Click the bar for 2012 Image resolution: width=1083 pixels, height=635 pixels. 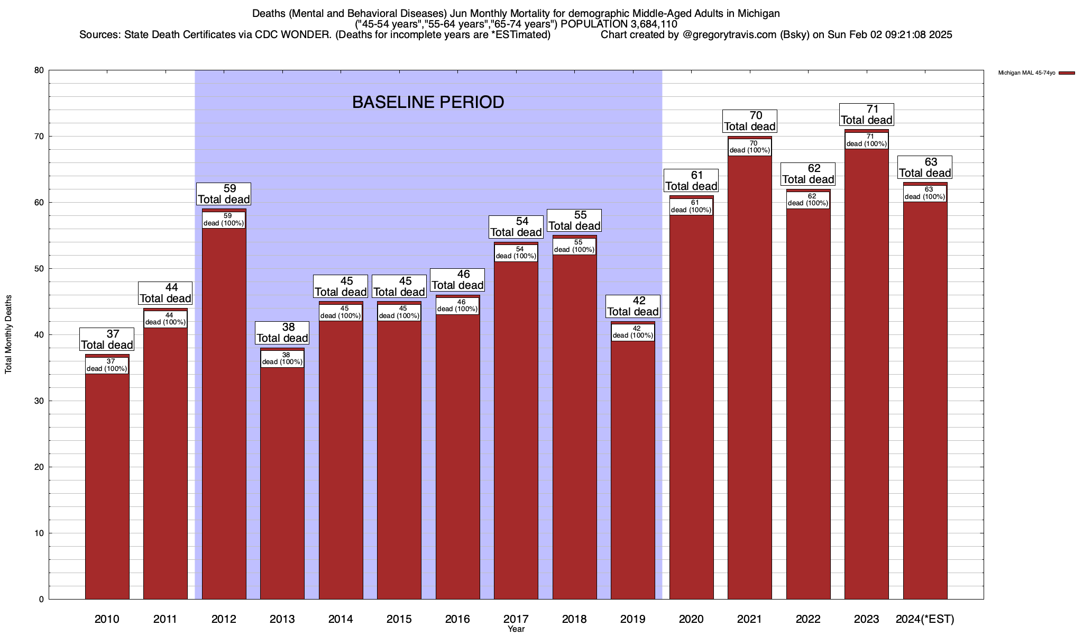coord(224,413)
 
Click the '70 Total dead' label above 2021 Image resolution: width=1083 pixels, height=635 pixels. coord(750,121)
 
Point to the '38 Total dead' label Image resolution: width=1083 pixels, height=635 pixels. coord(282,333)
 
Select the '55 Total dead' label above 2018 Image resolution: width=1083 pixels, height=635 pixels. coord(574,221)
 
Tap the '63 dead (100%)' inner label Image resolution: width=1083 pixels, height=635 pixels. coord(925,193)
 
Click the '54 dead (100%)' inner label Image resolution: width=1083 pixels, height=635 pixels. coord(516,252)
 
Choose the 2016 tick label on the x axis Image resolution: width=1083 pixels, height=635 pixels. coord(457,619)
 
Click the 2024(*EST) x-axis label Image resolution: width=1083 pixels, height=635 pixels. coord(925,619)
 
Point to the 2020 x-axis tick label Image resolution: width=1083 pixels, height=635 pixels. coord(691,619)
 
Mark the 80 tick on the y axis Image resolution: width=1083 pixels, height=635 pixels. coord(39,70)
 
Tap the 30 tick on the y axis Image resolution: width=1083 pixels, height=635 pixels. coord(39,401)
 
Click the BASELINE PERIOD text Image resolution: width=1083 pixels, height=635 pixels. coord(428,102)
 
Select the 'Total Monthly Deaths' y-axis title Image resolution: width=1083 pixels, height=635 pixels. coord(8,334)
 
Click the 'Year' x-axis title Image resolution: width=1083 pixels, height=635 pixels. coord(516,629)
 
